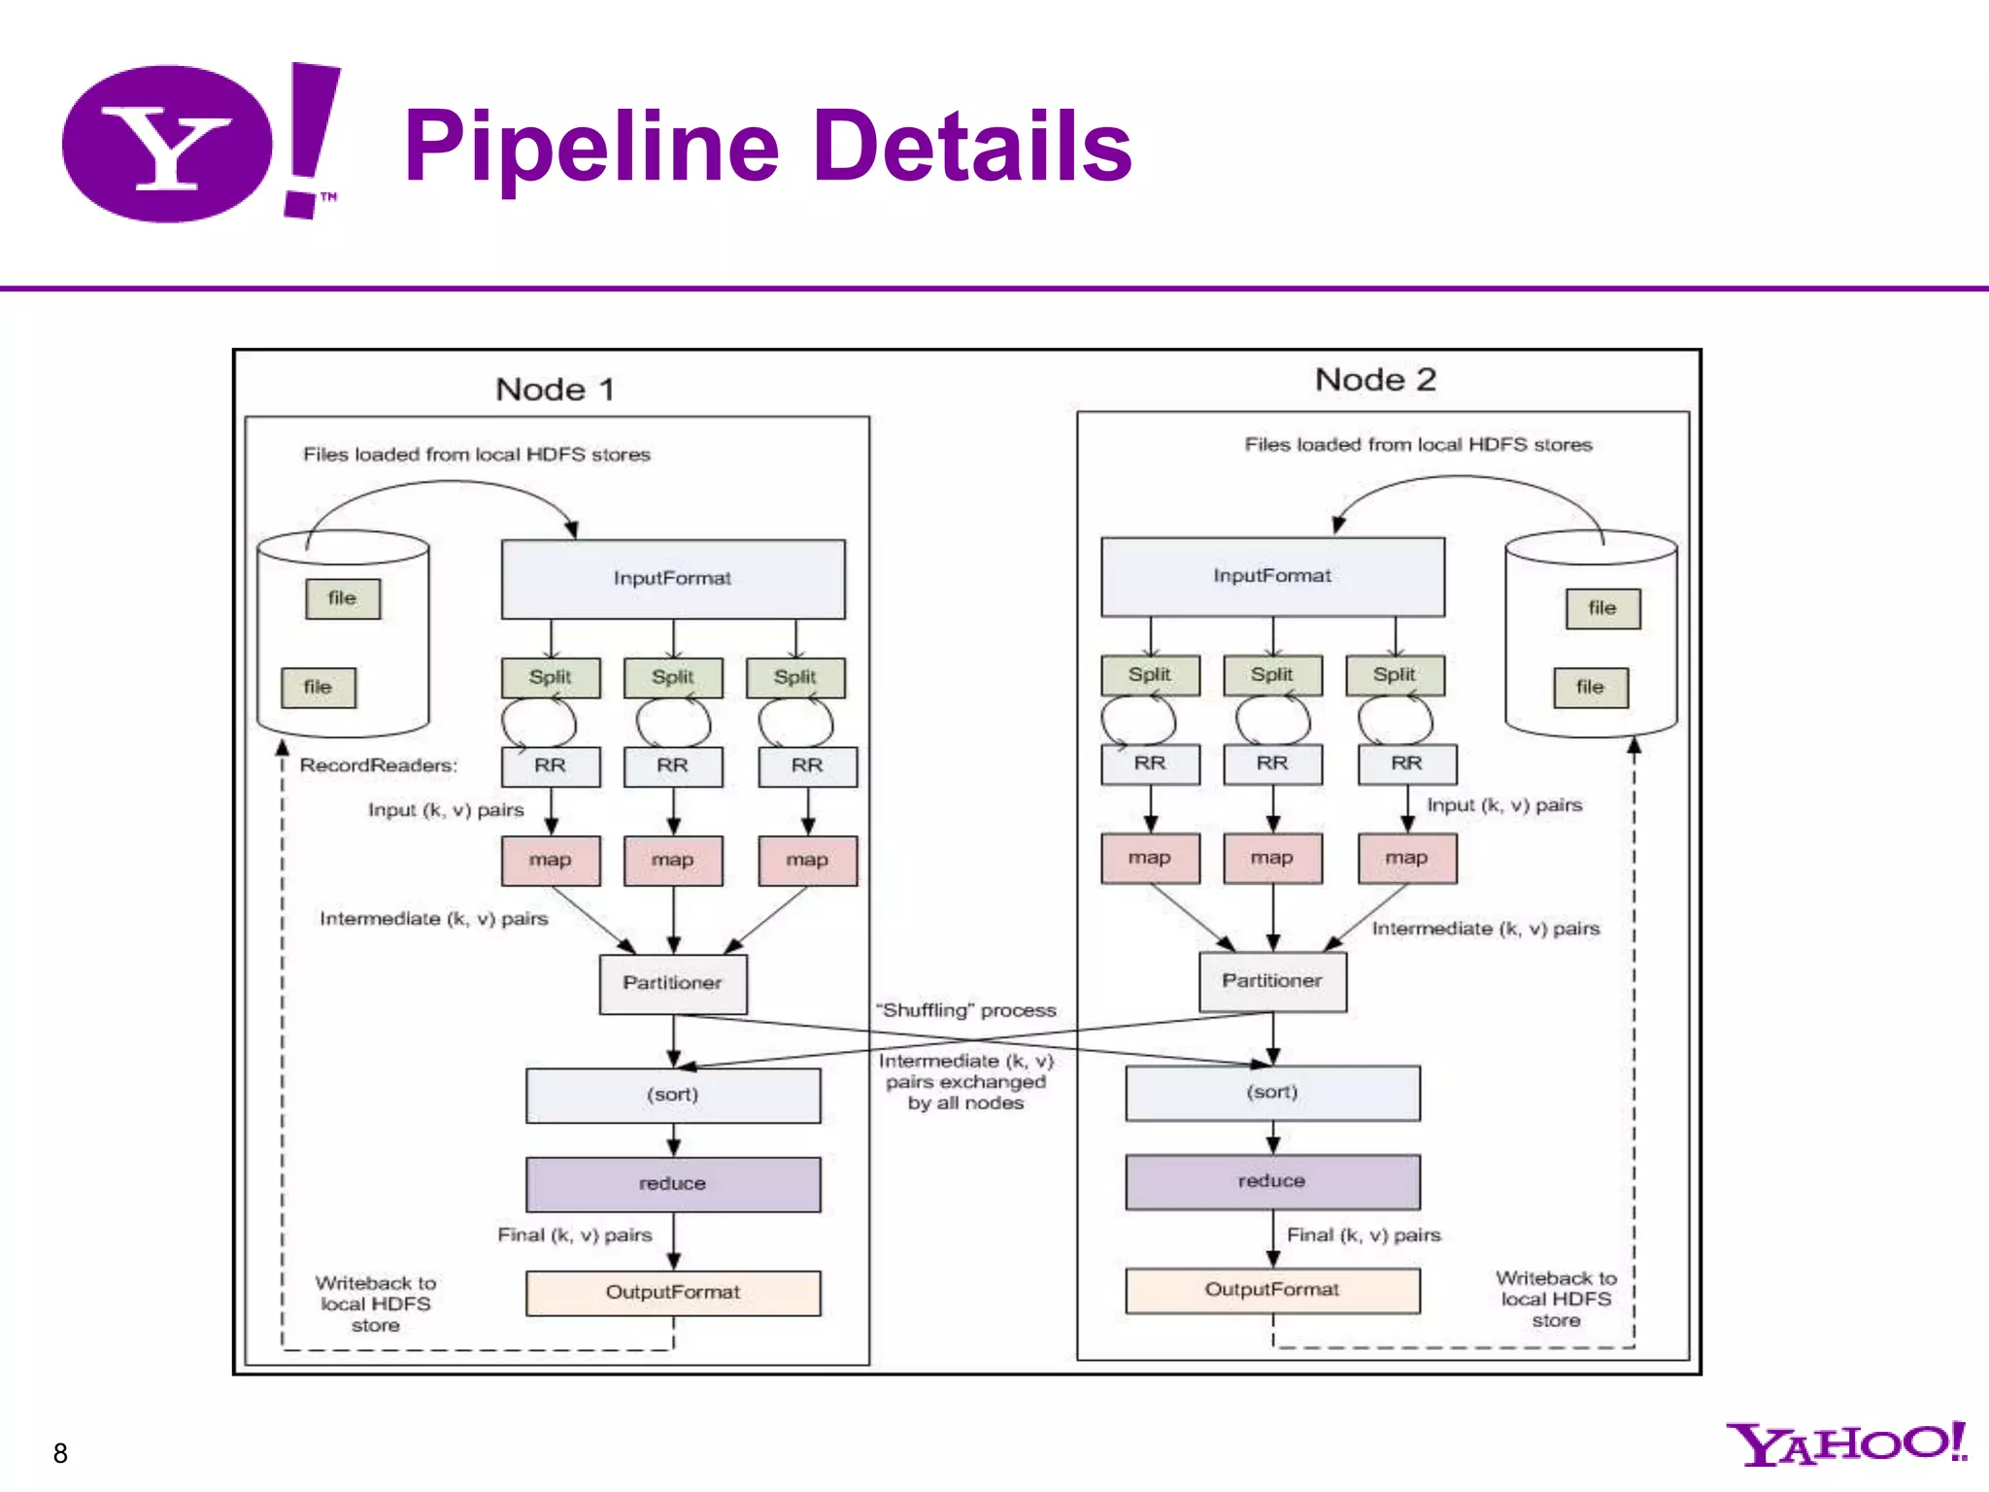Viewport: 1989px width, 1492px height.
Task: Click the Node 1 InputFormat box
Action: [x=672, y=579]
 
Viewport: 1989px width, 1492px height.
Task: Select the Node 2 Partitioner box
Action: [x=1272, y=982]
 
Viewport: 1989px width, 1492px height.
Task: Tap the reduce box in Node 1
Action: [x=672, y=1184]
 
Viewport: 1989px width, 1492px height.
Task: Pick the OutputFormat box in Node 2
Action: [x=1272, y=1290]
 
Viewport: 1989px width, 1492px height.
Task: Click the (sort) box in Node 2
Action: [x=1272, y=1093]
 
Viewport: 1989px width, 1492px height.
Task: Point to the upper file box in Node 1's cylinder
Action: [x=342, y=598]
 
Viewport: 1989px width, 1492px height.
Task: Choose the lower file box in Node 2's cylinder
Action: [x=1590, y=688]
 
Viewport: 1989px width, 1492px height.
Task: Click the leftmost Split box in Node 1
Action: [x=550, y=677]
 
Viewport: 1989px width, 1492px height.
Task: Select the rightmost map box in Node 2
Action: [x=1406, y=859]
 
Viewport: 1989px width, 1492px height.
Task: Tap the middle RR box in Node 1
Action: [x=672, y=766]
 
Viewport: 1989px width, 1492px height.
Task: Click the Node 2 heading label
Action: [x=1375, y=380]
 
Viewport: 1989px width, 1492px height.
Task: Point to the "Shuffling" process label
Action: [x=965, y=1010]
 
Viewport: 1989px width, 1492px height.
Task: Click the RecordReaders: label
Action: [x=378, y=765]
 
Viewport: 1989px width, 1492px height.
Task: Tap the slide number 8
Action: [x=60, y=1453]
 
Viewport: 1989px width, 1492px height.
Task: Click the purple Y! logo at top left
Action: [x=199, y=144]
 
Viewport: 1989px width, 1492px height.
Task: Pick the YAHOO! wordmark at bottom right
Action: [x=1845, y=1444]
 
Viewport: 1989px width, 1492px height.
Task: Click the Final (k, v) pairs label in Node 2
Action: [x=1364, y=1236]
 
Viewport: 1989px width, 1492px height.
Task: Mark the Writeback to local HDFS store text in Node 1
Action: [x=376, y=1305]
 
